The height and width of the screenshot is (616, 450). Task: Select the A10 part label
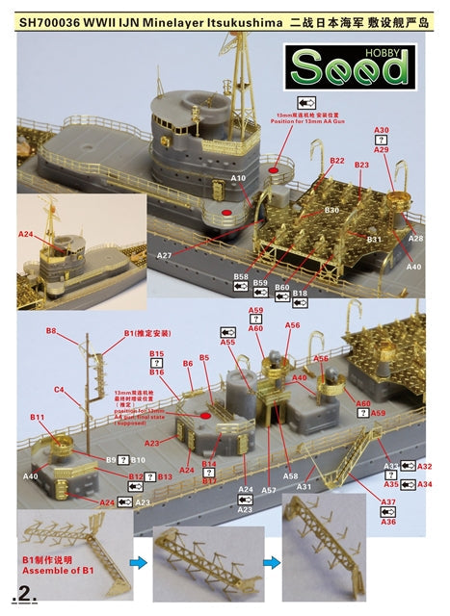point(239,178)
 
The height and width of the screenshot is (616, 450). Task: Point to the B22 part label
point(336,161)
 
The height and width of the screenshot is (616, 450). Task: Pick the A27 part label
point(165,255)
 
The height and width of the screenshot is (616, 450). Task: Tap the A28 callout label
point(415,237)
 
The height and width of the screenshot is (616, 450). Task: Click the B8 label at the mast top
point(51,332)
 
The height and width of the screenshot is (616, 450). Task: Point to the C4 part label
point(59,390)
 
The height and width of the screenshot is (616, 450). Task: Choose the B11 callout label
point(38,417)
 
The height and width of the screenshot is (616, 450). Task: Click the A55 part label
point(227,342)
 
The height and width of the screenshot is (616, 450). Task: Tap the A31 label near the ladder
point(303,487)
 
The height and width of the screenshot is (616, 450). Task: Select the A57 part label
point(269,490)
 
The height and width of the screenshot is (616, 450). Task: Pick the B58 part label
point(241,276)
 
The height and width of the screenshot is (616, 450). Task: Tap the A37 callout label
point(388,502)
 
